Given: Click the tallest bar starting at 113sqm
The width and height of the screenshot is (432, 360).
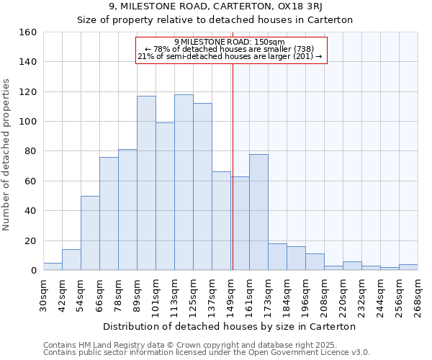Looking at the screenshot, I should point(184,182).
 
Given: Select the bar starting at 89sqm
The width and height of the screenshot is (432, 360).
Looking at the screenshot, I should point(146,183).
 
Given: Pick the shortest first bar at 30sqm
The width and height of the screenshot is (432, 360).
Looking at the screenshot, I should point(53,266).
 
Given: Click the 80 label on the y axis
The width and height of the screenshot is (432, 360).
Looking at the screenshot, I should point(30,151).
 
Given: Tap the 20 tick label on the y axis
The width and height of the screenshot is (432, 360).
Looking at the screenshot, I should point(30,240).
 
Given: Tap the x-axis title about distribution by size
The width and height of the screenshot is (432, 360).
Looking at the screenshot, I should point(230,326).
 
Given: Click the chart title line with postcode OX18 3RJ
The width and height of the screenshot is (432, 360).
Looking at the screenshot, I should point(215,6).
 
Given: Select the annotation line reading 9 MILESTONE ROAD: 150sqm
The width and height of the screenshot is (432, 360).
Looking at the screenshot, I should point(230,42).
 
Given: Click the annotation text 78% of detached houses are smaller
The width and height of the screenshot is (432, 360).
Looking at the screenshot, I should point(230,49).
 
